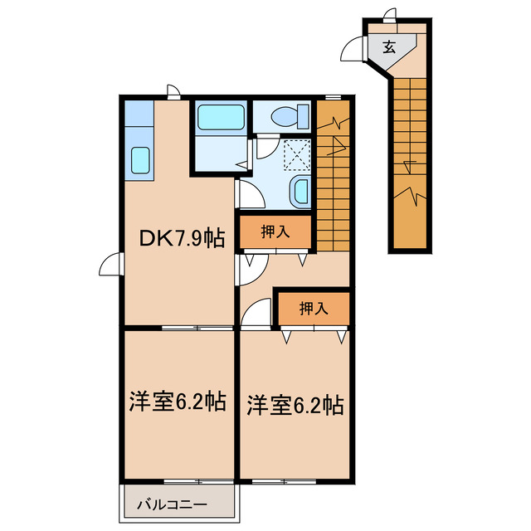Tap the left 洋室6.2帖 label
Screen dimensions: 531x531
click(177, 402)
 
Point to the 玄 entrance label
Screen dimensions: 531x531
click(390, 46)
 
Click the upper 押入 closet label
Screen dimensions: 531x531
click(275, 233)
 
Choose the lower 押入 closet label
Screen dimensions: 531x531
click(313, 309)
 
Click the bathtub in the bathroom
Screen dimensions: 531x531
click(222, 119)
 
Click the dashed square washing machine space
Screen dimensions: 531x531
click(296, 154)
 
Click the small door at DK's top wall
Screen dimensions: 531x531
click(172, 91)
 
